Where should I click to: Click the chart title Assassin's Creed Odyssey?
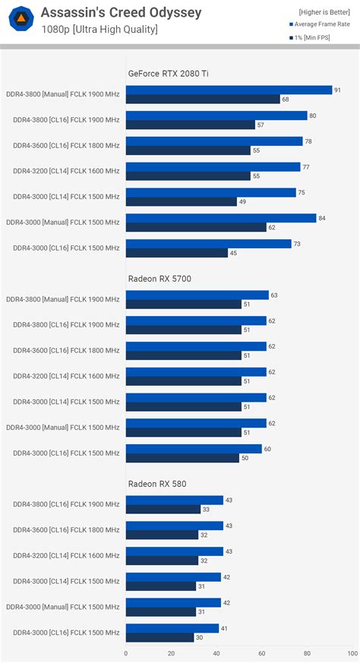pyautogui.click(x=121, y=12)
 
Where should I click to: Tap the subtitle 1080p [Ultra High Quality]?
pyautogui.click(x=99, y=29)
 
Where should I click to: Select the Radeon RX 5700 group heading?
pyautogui.click(x=159, y=279)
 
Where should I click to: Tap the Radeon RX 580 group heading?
pyautogui.click(x=156, y=483)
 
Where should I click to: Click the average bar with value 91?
pyautogui.click(x=229, y=90)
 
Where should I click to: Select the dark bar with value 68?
pyautogui.click(x=203, y=99)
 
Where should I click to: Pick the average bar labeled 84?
pyautogui.click(x=220, y=218)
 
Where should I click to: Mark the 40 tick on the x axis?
pyautogui.click(x=216, y=652)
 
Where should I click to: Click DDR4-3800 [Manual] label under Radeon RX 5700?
pyautogui.click(x=62, y=300)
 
